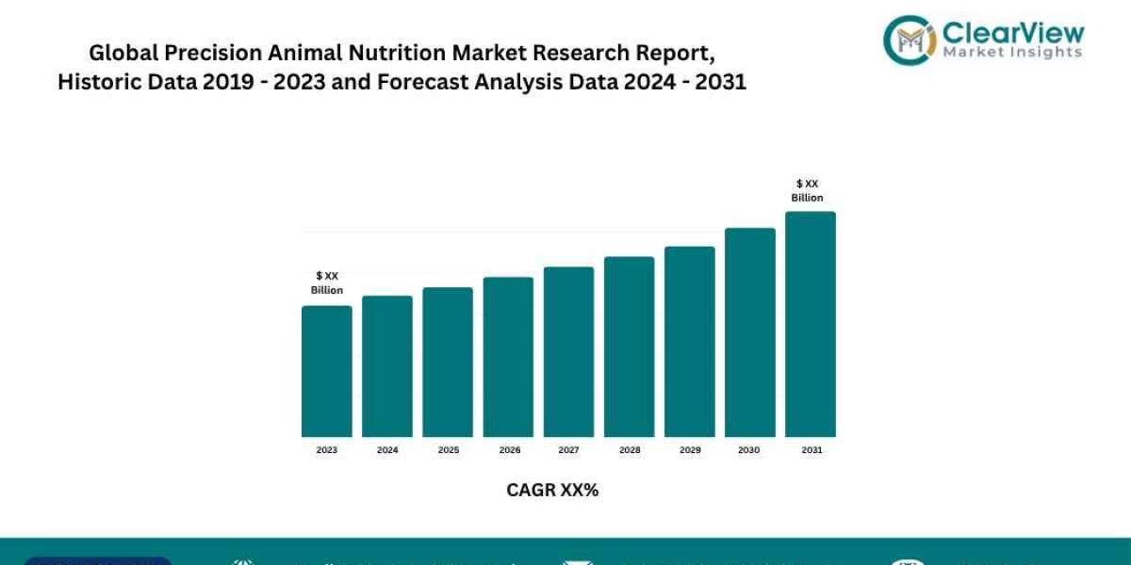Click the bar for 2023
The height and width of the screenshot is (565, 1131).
[x=326, y=371]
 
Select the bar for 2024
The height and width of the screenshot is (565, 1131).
[x=387, y=366]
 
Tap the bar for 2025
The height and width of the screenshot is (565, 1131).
[x=448, y=362]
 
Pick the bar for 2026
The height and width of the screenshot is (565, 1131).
[x=508, y=357]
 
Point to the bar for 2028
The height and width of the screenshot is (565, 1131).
[x=629, y=347]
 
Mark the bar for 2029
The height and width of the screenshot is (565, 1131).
[x=689, y=342]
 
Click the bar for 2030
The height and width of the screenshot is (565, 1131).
[x=749, y=332]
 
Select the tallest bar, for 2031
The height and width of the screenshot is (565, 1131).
[x=811, y=324]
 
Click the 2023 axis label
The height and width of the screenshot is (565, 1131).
[x=326, y=450]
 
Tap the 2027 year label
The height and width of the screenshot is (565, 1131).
[x=568, y=450]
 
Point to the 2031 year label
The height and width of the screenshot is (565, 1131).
[x=811, y=450]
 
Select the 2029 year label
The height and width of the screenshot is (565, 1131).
[x=689, y=450]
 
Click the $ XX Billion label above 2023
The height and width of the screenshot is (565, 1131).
[x=327, y=282]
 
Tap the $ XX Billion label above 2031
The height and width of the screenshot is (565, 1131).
[x=807, y=190]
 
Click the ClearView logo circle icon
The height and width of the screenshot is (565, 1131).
[x=908, y=39]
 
